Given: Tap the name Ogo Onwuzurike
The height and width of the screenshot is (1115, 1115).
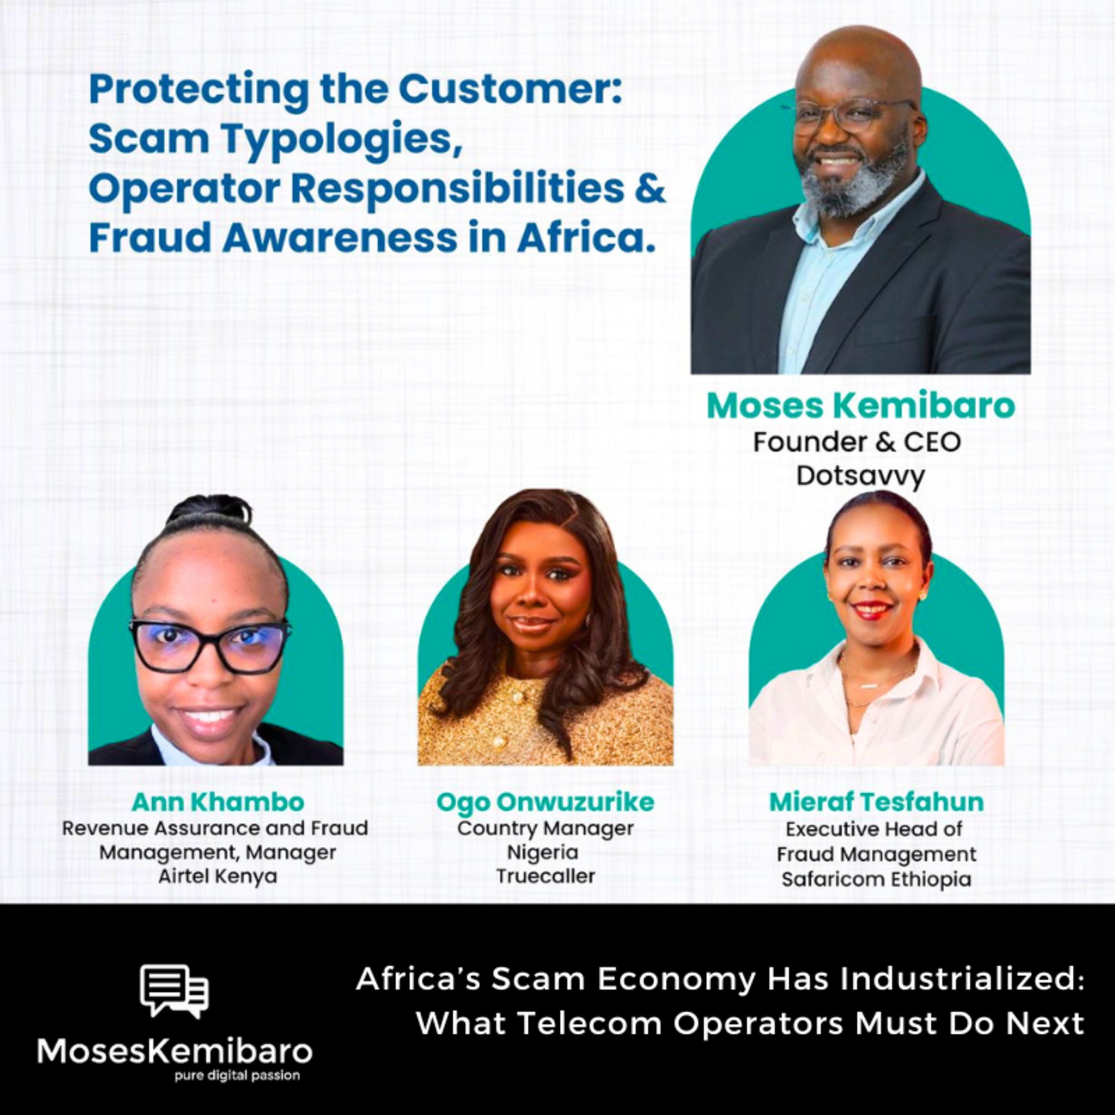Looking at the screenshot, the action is pos(545,802).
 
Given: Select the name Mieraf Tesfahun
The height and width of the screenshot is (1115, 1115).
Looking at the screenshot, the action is pos(876,802).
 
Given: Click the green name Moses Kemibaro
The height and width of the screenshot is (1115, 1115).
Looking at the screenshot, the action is pos(860,406).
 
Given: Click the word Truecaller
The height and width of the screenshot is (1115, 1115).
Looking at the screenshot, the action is pos(545,876).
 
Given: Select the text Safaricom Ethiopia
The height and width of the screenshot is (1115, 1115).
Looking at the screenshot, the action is pos(876,879).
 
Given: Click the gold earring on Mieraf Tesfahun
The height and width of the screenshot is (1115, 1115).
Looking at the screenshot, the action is pos(922,594).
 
